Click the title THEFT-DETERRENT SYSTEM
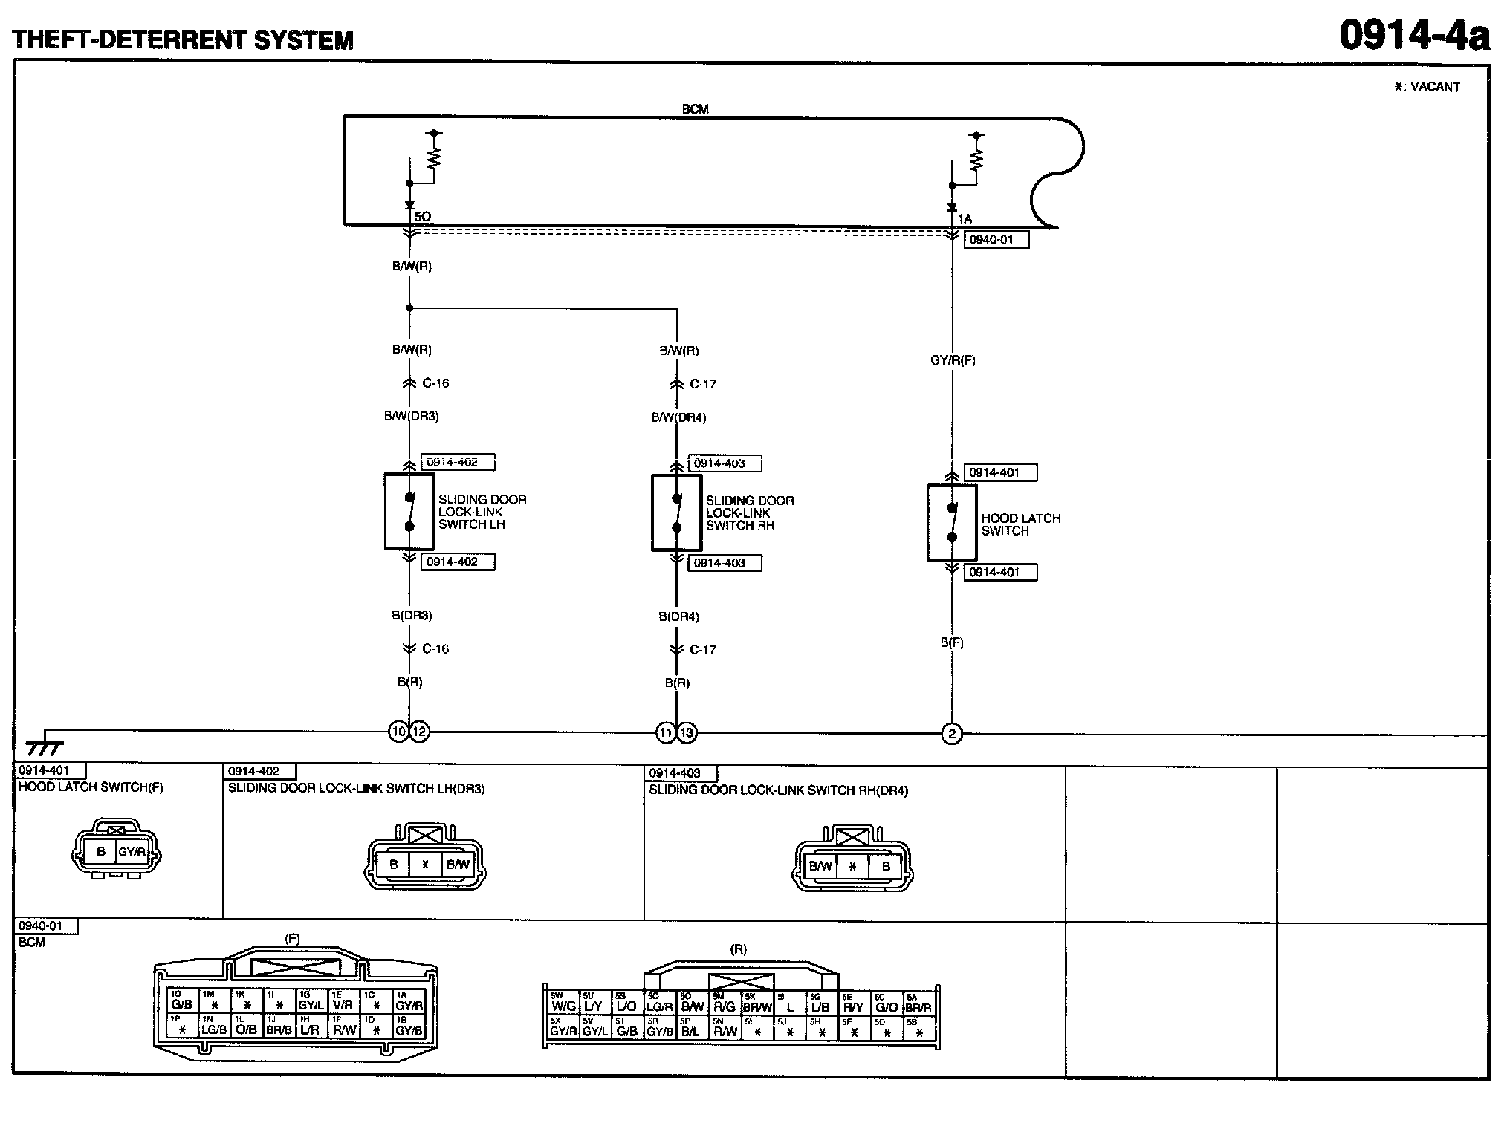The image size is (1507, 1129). click(x=183, y=39)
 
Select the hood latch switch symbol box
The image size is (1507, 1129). click(x=952, y=522)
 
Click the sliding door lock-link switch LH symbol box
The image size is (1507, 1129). click(x=409, y=512)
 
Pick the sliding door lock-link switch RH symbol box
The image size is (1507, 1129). click(x=676, y=513)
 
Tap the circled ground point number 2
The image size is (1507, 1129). click(x=952, y=734)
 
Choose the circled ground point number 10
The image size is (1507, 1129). click(x=399, y=732)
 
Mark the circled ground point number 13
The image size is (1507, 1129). click(x=687, y=733)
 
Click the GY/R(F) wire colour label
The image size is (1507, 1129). click(x=953, y=360)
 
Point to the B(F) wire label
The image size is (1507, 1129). click(x=952, y=642)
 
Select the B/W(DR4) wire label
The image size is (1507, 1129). click(x=678, y=417)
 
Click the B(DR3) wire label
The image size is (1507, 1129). click(x=412, y=615)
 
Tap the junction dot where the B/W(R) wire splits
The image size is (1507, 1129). click(x=409, y=308)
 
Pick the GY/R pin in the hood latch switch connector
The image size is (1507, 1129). click(x=132, y=852)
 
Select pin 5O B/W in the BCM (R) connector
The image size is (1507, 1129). click(x=693, y=1003)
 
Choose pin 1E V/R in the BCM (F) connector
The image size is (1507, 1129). click(x=343, y=1001)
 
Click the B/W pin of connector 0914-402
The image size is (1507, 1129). click(x=458, y=864)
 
